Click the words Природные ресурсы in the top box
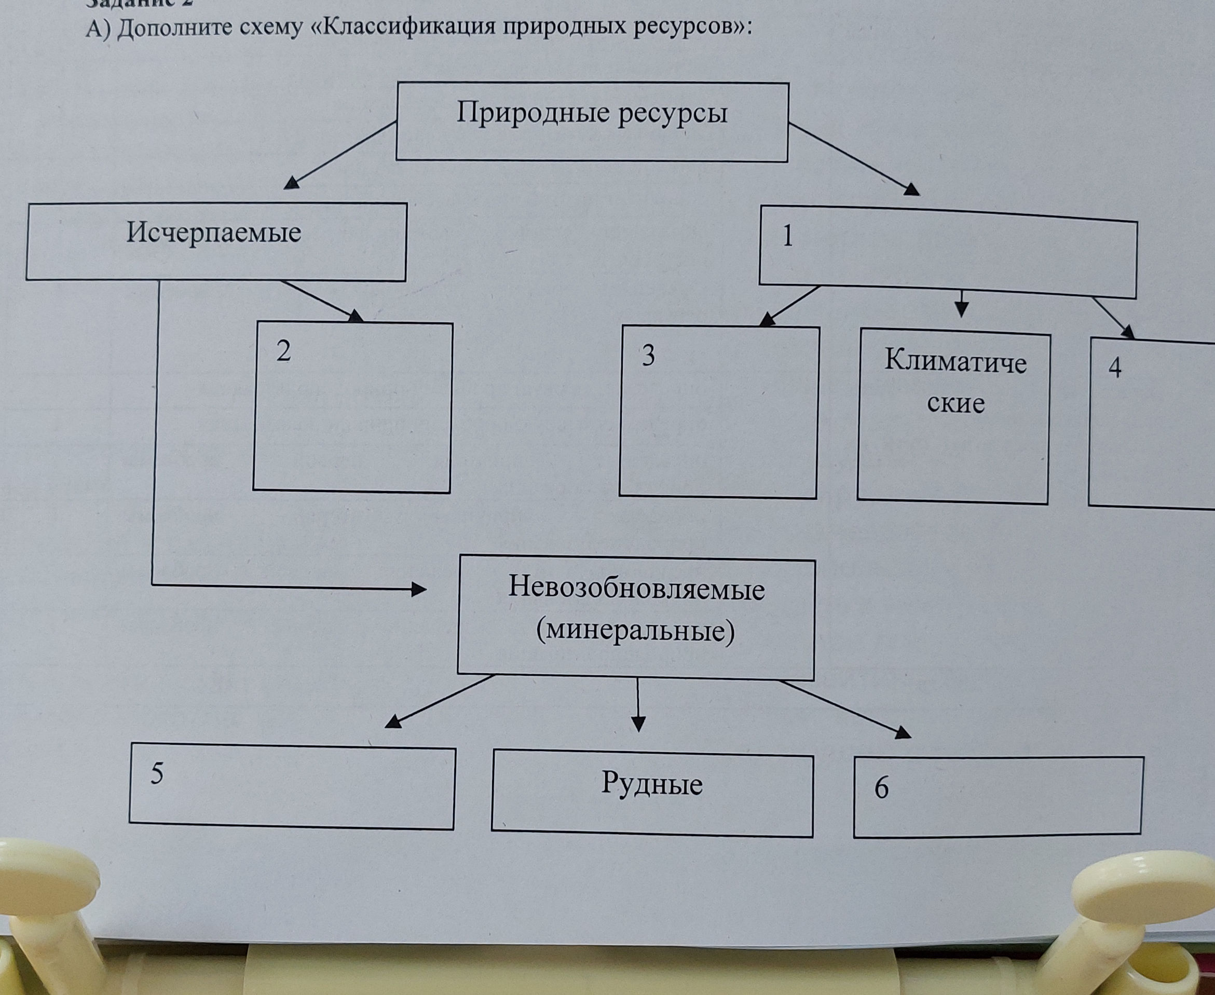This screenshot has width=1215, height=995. [592, 113]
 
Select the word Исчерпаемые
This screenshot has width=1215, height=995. [214, 233]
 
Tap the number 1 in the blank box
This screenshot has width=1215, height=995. [788, 236]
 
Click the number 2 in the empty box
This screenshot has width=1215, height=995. [283, 351]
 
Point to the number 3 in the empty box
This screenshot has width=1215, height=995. [648, 356]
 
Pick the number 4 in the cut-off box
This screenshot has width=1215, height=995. [1115, 367]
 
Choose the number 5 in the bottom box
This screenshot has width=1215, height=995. [156, 774]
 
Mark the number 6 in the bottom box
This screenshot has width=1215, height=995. [881, 788]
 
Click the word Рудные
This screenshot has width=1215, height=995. [652, 784]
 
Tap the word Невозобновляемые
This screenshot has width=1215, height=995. [636, 589]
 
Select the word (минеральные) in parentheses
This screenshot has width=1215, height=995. [635, 631]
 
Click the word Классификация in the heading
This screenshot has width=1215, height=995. [408, 26]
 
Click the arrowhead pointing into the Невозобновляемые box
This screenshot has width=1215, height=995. [419, 589]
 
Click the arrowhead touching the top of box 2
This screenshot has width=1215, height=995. [357, 316]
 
